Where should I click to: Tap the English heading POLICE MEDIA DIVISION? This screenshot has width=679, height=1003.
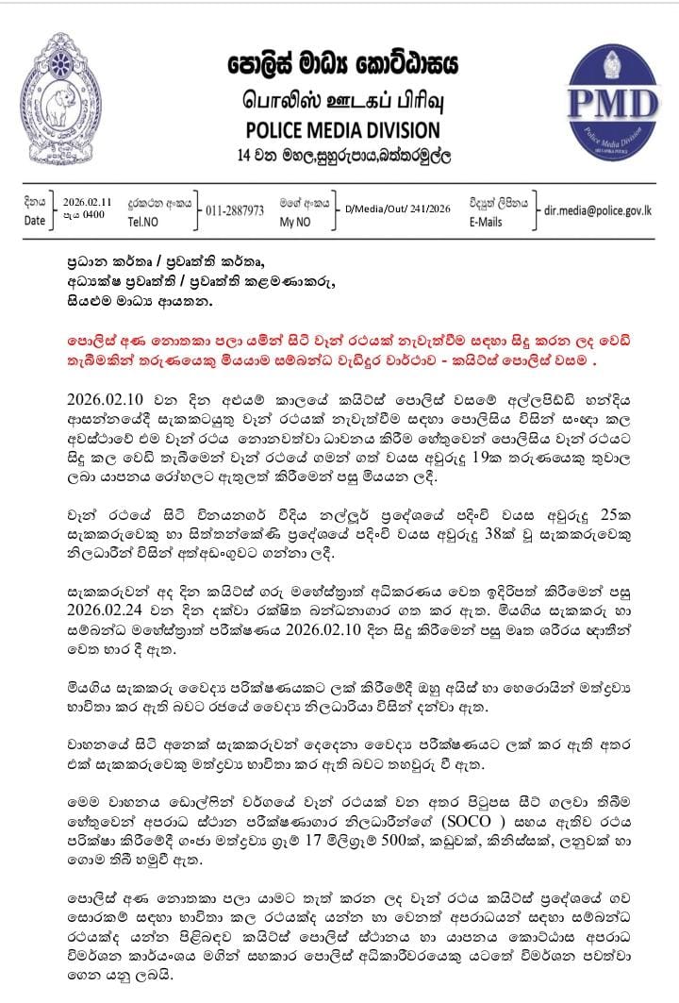[341, 129]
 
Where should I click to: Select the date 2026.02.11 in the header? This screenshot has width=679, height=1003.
[87, 202]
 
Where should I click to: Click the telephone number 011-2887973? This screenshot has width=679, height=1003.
[235, 209]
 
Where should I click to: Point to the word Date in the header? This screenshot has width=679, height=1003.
[34, 220]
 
